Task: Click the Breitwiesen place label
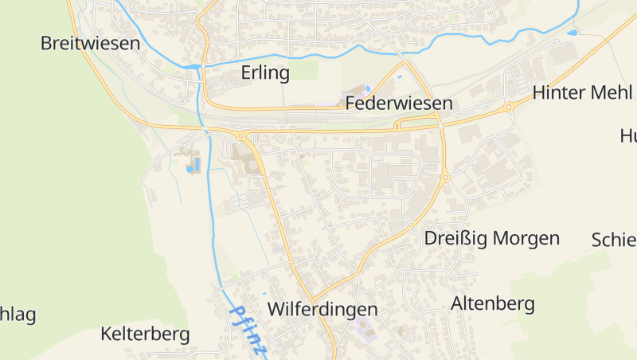90,44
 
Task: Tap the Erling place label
265,73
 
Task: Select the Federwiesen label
399,104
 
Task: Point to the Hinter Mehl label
582,92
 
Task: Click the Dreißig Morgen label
491,238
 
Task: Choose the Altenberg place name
493,303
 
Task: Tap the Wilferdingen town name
322,309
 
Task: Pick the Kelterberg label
145,334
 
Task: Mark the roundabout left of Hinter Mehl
508,107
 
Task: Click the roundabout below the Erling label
240,136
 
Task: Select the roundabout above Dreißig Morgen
445,178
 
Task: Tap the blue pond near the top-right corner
572,33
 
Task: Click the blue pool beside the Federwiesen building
367,88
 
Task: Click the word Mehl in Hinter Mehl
612,92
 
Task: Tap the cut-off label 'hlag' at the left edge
18,315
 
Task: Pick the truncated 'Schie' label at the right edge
614,240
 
